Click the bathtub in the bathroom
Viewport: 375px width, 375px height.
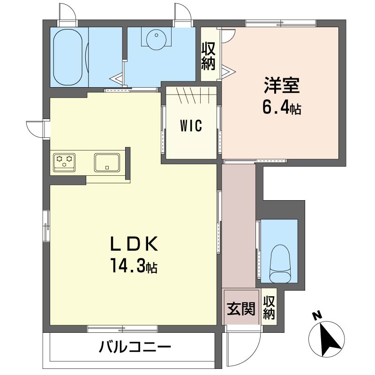coord(67,57)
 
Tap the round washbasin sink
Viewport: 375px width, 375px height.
coord(156,40)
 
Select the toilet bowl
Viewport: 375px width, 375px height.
coord(279,264)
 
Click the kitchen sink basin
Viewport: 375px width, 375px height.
coord(107,163)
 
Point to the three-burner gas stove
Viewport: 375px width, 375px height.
coord(64,163)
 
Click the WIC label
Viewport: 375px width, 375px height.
coord(191,125)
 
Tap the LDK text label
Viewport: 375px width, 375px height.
coord(134,244)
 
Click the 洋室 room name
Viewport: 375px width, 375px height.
coord(282,85)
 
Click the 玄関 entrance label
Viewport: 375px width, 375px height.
coord(241,308)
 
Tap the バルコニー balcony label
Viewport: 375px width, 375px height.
coord(135,347)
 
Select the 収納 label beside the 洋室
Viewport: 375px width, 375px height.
coord(208,56)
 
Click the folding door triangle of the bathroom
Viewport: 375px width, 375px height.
coord(118,78)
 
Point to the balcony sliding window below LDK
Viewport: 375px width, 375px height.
coord(122,329)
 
